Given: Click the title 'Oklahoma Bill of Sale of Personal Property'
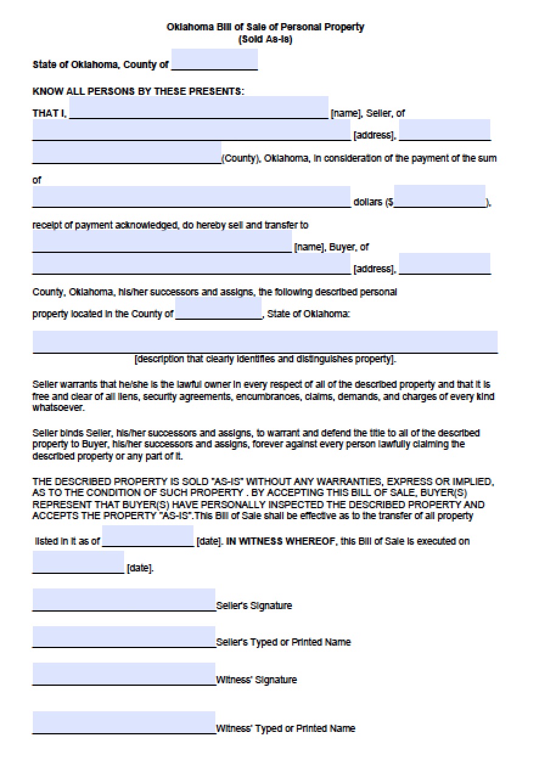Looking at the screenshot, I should [x=265, y=27].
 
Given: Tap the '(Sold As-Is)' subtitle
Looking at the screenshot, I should [x=266, y=40].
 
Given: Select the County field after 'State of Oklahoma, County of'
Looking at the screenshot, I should [x=214, y=60].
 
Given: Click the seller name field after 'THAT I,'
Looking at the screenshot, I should [x=199, y=108].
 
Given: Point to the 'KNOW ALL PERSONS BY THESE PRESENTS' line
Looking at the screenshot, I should [x=138, y=91].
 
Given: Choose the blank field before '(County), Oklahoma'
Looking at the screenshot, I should [x=127, y=153].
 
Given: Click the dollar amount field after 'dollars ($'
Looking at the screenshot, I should [x=439, y=196].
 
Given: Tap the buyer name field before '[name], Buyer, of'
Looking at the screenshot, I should [x=162, y=242].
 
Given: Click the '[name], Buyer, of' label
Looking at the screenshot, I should [x=331, y=247].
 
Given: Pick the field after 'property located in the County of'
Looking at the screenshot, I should [x=218, y=309].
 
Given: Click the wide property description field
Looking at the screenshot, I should [x=265, y=342].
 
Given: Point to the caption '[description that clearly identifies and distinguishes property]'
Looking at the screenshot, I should [x=265, y=359].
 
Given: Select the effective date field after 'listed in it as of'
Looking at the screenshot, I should [x=148, y=536].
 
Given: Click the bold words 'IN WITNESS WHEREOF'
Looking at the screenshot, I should [x=279, y=541].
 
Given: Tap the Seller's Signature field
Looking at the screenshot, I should [x=123, y=599].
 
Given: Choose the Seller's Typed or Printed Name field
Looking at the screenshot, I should [x=123, y=637].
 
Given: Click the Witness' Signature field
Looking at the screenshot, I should [x=123, y=674].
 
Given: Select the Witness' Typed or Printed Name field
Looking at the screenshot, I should [x=123, y=723].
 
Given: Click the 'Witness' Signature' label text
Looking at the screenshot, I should [x=257, y=680].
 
